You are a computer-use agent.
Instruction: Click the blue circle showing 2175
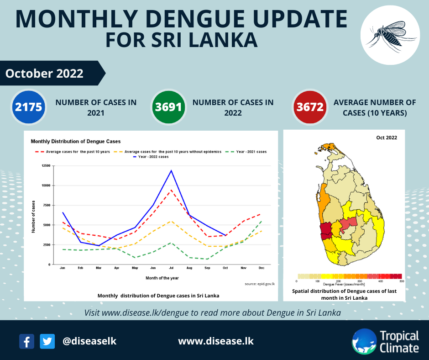(28, 107)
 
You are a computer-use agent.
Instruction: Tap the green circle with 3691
(169, 107)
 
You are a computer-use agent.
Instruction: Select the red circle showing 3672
(310, 107)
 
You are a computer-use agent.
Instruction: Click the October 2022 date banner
(45, 73)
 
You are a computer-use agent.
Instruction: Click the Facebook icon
(27, 341)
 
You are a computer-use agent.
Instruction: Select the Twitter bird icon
(47, 341)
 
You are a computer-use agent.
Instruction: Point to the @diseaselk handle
(89, 341)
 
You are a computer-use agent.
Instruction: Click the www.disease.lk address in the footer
(215, 341)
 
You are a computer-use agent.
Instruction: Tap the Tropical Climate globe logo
(364, 341)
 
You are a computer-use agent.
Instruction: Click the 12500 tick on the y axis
(45, 165)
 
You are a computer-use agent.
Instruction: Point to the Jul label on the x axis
(171, 268)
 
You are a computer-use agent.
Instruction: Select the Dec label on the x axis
(261, 268)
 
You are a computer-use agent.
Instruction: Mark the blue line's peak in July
(171, 170)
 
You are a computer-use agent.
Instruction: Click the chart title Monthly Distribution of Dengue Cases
(75, 141)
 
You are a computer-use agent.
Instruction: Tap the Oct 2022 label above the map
(386, 138)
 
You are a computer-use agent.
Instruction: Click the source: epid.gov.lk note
(260, 284)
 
